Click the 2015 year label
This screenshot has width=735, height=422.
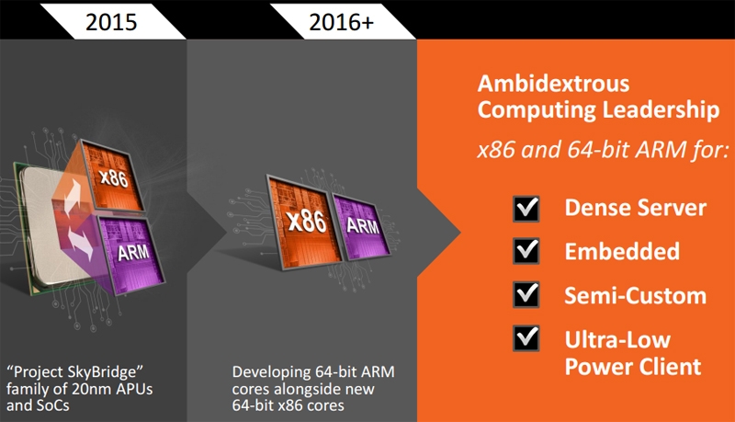click(x=111, y=22)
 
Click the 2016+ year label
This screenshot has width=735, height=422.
click(x=341, y=22)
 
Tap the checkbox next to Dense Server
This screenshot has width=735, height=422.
click(x=526, y=209)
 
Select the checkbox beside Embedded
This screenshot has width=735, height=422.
click(x=526, y=251)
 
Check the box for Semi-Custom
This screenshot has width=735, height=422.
click(x=526, y=294)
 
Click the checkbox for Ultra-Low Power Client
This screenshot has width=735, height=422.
click(x=526, y=338)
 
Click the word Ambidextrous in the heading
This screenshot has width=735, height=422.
click(x=553, y=84)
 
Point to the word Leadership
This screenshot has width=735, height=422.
click(x=660, y=110)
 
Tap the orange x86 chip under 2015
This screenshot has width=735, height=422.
click(x=113, y=175)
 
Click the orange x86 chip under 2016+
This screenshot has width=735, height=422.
click(x=305, y=222)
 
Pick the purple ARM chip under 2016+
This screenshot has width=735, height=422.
click(x=361, y=225)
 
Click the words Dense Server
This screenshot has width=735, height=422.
click(x=635, y=208)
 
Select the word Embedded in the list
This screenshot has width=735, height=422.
click(x=622, y=251)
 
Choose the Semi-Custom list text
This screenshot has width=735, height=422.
click(x=635, y=295)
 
